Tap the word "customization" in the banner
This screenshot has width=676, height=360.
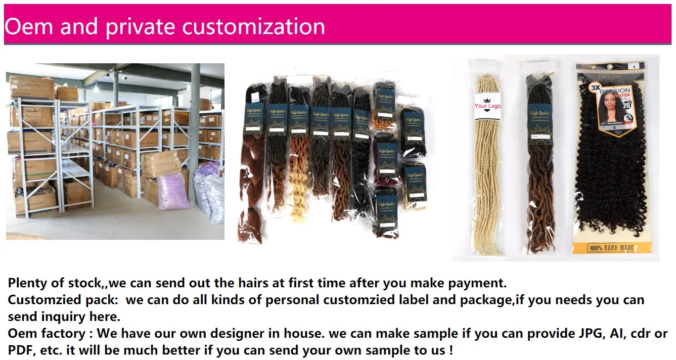[x=254, y=26]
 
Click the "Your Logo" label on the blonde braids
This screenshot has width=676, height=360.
[x=487, y=106]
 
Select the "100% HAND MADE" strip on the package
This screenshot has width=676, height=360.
[x=611, y=247]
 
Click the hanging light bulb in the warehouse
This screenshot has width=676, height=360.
[x=95, y=90]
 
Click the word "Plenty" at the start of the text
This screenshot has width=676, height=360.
[x=29, y=283]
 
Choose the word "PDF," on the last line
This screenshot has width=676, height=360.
[x=21, y=350]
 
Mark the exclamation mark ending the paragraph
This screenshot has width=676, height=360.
[x=450, y=350]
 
